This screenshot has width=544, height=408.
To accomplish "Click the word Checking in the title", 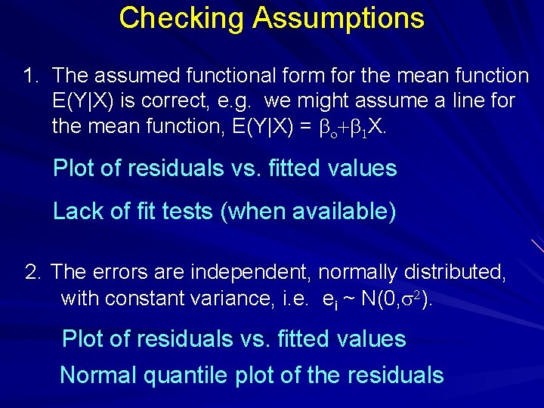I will point(182,18).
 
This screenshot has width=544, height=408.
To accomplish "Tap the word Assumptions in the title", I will point(339,18).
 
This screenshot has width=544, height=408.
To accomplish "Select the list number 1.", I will point(29,76).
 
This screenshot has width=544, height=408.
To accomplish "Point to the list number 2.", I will point(32,272).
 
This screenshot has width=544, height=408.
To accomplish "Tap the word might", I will point(374,100).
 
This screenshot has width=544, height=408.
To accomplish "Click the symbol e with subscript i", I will point(330,300).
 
